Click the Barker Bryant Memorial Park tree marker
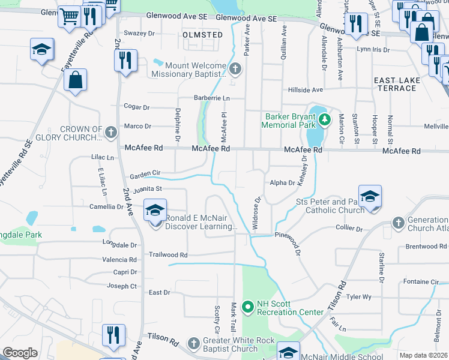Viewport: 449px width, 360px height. coord(324,120)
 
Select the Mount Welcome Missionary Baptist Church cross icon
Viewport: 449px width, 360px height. coord(235,69)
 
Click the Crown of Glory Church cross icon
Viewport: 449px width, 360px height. coord(110,132)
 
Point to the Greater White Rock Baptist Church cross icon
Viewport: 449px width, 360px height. coord(193,343)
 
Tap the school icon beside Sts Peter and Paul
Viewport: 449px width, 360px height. coord(370,196)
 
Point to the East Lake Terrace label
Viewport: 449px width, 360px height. coord(395,84)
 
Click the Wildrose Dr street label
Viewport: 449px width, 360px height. coord(257,214)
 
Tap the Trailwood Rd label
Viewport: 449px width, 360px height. coord(168,255)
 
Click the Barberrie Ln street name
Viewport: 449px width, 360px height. coord(211,98)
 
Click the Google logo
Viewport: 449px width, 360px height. coord(20,353)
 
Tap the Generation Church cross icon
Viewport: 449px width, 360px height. coord(397,223)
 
